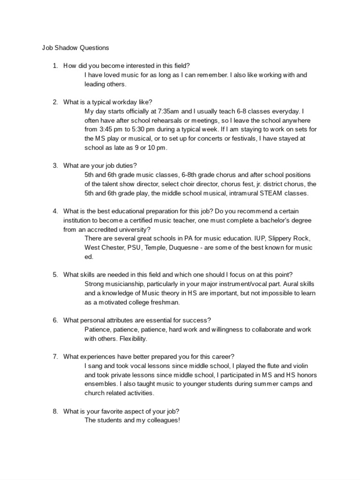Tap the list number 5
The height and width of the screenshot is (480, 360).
point(55,275)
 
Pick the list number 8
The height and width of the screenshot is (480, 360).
point(55,411)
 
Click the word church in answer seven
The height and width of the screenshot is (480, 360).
point(94,393)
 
